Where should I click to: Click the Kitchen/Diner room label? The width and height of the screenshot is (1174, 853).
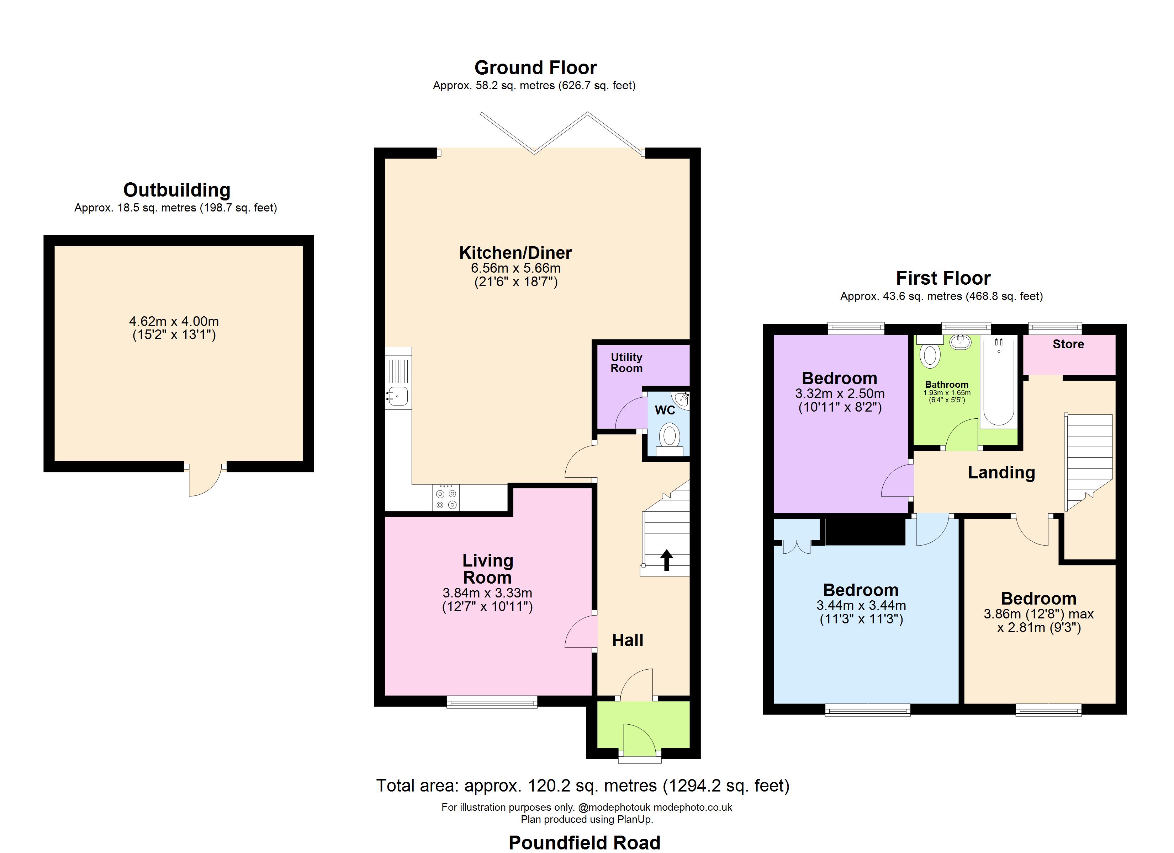pyautogui.click(x=515, y=253)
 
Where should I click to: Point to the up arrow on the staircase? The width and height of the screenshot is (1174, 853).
pyautogui.click(x=666, y=560)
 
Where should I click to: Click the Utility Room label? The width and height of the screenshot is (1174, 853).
pyautogui.click(x=626, y=363)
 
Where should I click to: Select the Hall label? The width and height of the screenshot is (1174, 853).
pyautogui.click(x=627, y=640)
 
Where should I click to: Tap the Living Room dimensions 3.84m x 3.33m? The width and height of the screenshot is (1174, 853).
pyautogui.click(x=487, y=593)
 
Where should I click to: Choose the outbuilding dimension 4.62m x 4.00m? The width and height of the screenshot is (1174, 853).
pyautogui.click(x=174, y=321)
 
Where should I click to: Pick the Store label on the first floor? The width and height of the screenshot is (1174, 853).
pyautogui.click(x=1068, y=344)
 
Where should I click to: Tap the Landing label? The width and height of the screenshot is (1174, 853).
pyautogui.click(x=1001, y=473)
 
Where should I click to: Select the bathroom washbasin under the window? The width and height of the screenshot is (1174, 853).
pyautogui.click(x=960, y=342)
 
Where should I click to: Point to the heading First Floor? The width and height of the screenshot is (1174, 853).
pyautogui.click(x=943, y=278)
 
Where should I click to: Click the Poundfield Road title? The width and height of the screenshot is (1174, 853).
pyautogui.click(x=585, y=842)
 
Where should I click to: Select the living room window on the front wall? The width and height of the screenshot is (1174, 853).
pyautogui.click(x=492, y=702)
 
